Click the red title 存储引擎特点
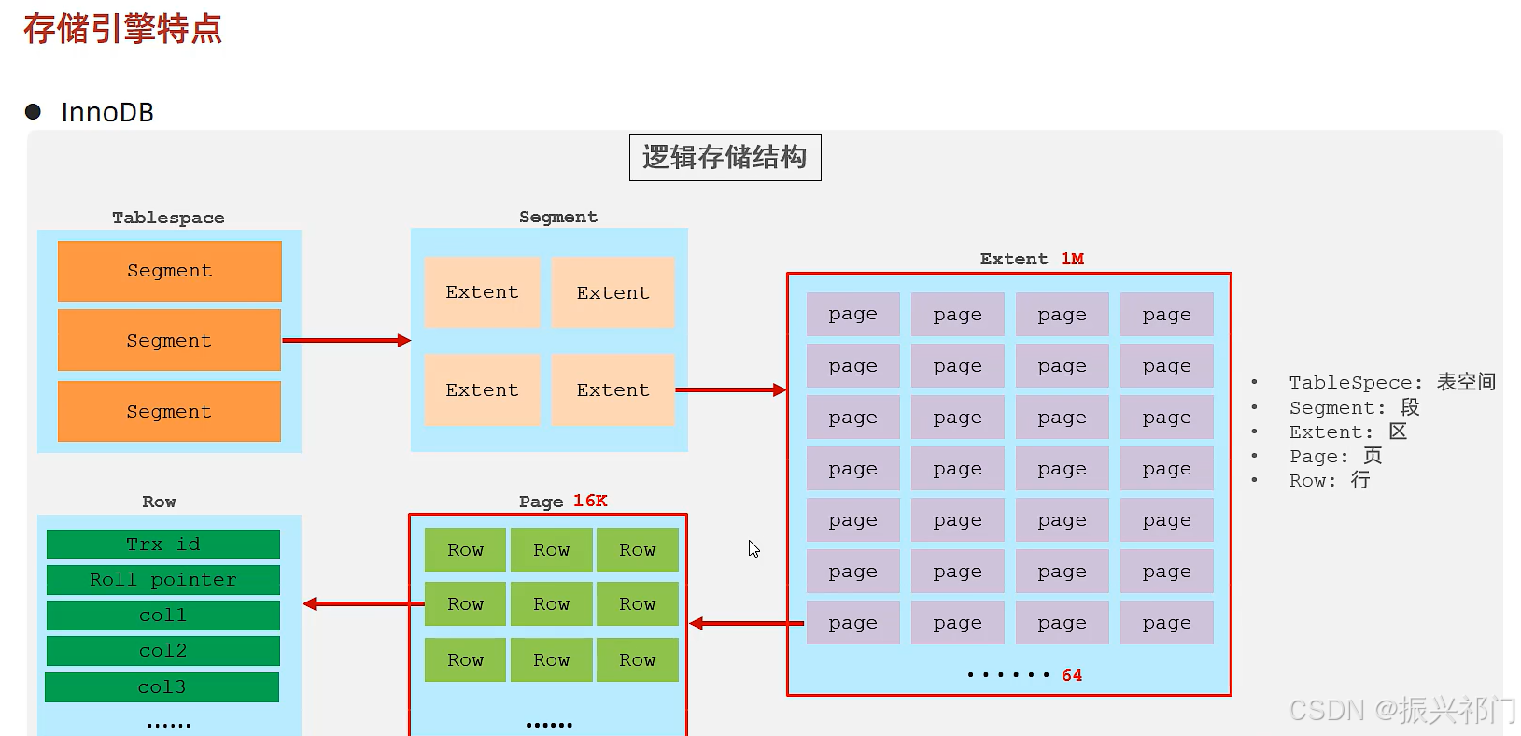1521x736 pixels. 123,29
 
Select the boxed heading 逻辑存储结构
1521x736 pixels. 725,158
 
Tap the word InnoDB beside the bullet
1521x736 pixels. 107,112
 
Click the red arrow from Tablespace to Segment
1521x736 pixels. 346,340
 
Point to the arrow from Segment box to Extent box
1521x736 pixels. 731,389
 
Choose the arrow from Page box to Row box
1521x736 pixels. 364,603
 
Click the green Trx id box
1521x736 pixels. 163,544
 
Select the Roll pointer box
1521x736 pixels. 163,579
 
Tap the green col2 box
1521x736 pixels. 163,650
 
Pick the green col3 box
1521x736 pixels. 162,687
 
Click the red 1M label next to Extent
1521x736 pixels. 1072,259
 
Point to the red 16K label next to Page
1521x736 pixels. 590,501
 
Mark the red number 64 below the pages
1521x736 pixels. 1072,675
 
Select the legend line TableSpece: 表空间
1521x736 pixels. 1392,382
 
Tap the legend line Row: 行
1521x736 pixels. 1330,481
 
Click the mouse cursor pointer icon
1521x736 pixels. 753,548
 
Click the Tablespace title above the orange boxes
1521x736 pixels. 168,218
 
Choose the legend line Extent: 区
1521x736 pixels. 1348,432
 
